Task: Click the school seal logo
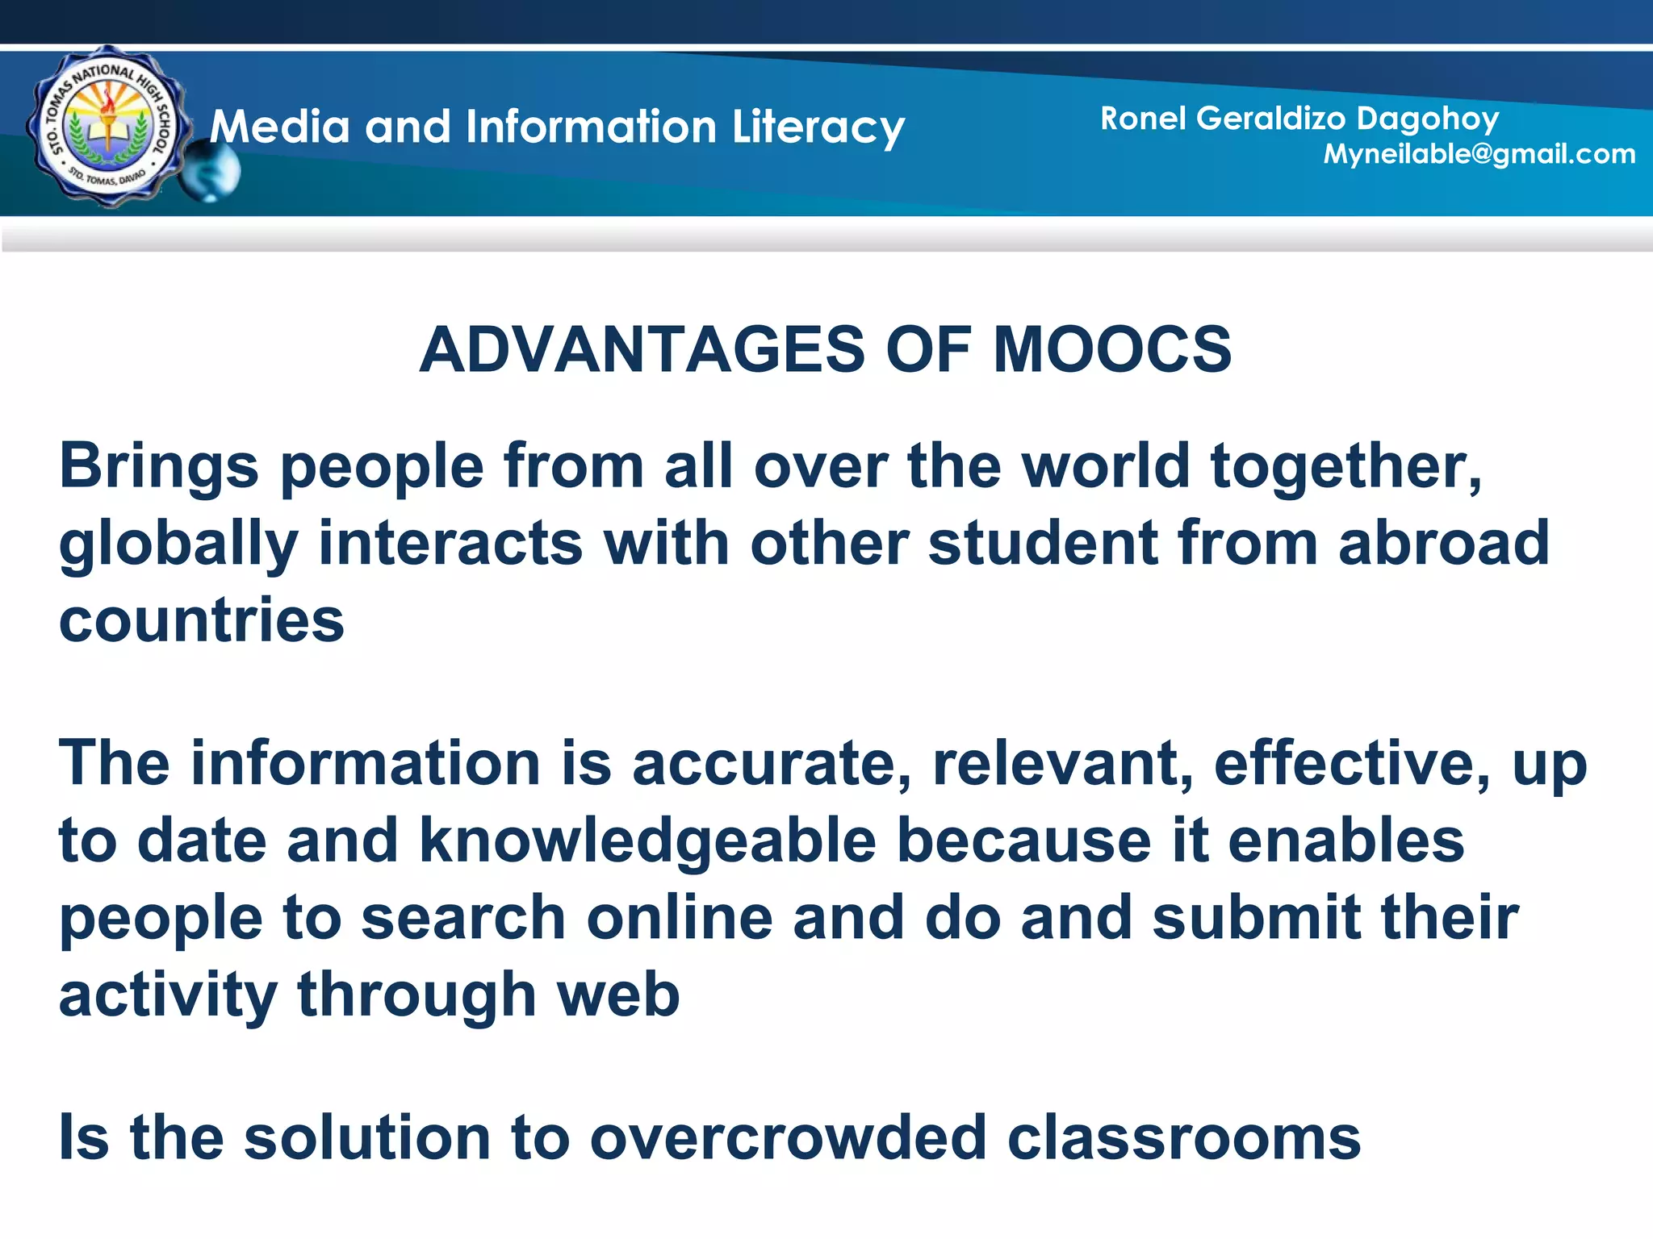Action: pos(107,127)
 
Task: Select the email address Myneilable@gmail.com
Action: pos(1479,154)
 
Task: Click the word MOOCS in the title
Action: pos(1111,350)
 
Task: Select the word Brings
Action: pos(159,468)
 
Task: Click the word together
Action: pos(1345,468)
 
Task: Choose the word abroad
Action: pos(1443,544)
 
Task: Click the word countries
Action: pos(202,621)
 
